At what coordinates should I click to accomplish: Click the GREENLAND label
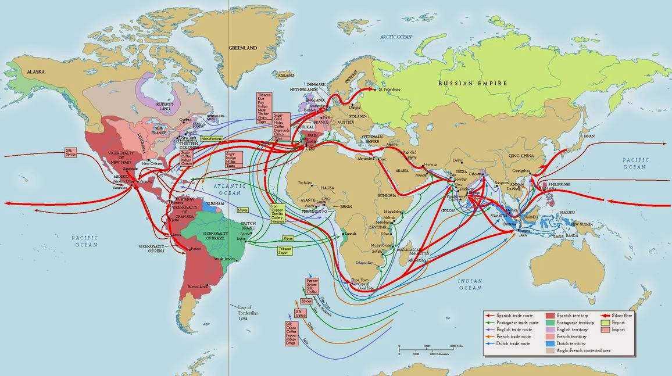tap(242, 47)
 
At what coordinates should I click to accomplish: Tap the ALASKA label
tap(34, 71)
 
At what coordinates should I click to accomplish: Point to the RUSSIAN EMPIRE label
tap(473, 83)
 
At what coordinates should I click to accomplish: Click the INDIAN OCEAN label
tap(470, 284)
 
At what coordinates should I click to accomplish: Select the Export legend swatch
tap(607, 322)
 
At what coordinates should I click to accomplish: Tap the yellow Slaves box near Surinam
tap(243, 210)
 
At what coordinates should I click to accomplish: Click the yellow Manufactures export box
tap(212, 139)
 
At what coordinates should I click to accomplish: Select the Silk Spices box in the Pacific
tap(71, 153)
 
